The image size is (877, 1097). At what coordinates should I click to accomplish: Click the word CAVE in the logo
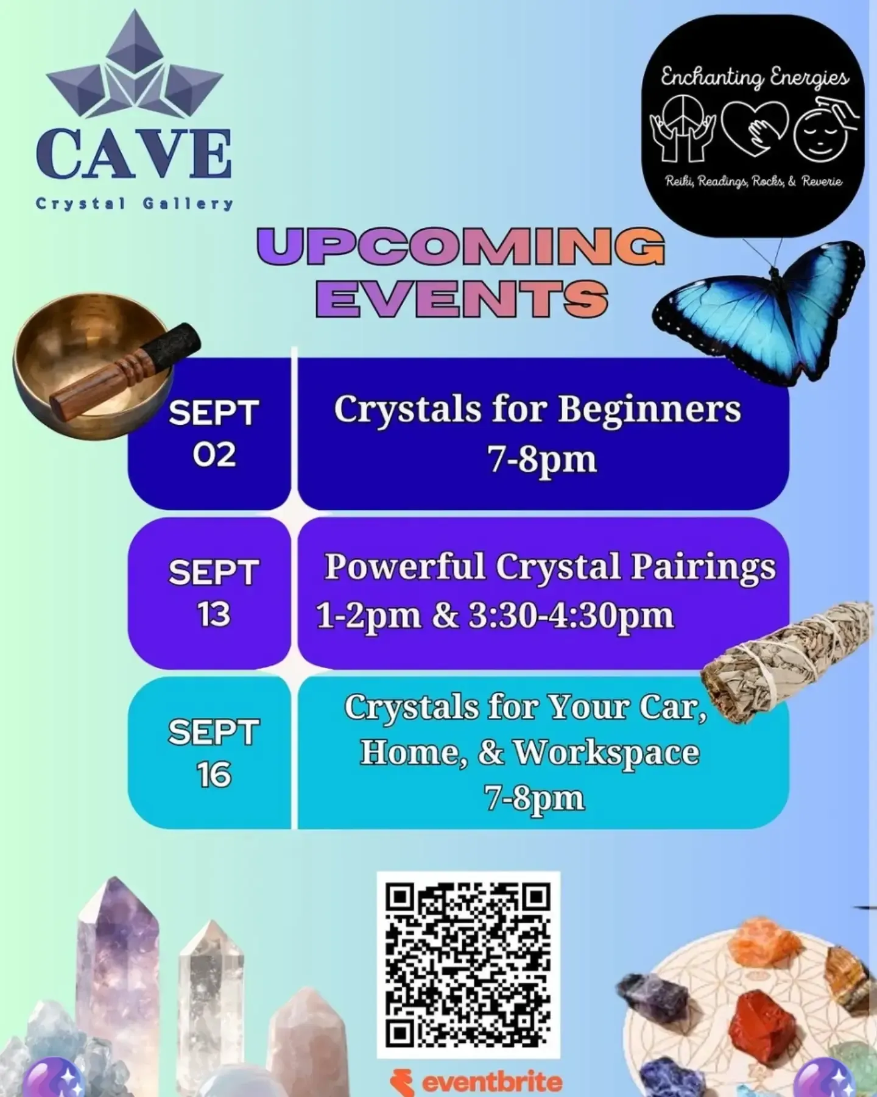tap(134, 154)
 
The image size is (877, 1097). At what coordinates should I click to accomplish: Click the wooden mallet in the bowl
tap(125, 371)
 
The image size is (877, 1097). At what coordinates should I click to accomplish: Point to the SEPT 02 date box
tap(209, 433)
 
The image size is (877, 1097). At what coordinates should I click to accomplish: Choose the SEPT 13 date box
tap(209, 593)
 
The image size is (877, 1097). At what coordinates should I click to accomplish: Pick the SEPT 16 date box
tap(209, 753)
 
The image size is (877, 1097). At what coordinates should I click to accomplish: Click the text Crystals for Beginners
tap(537, 409)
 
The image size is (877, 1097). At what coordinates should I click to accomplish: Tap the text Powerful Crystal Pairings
tap(550, 567)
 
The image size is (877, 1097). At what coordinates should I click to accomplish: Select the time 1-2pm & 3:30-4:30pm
tap(495, 616)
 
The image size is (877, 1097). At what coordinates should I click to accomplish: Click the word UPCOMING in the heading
tap(461, 247)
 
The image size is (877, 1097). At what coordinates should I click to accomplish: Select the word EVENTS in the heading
tap(462, 298)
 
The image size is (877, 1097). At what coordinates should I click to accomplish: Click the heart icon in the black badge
tap(755, 130)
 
